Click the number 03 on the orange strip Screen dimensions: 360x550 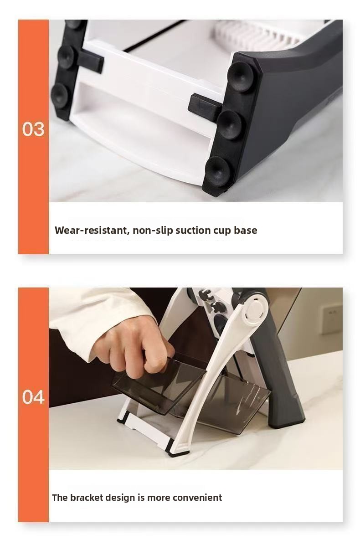click(x=33, y=129)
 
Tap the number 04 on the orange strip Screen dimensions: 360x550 click(x=33, y=397)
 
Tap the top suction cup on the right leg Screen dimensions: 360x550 click(x=241, y=77)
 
